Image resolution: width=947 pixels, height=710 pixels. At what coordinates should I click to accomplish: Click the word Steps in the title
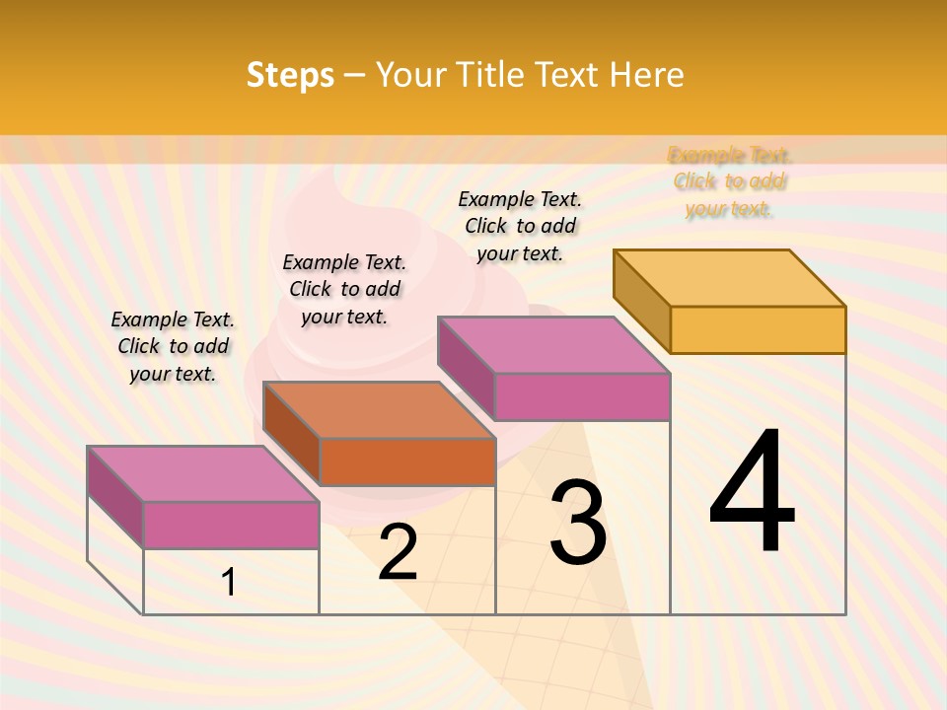290,75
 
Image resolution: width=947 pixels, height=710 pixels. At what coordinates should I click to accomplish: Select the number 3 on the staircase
578,524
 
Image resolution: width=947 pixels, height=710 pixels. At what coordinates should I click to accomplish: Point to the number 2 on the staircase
399,552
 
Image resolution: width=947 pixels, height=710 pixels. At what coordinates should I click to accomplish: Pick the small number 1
229,582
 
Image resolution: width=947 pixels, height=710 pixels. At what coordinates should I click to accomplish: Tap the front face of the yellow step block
758,329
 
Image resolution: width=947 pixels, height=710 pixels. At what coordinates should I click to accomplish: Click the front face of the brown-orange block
407,461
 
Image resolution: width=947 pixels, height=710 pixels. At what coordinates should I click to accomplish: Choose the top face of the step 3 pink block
553,345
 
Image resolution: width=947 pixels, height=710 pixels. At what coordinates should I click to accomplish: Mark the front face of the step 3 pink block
582,396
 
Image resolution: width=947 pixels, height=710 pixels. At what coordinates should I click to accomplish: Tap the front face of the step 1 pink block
231,525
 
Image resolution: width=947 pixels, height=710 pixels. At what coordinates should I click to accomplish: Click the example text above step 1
173,346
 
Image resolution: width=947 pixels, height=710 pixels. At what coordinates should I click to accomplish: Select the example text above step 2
344,289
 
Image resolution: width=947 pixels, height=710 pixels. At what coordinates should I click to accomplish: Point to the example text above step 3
520,226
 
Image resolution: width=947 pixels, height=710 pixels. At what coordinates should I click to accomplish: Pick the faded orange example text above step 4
730,181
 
